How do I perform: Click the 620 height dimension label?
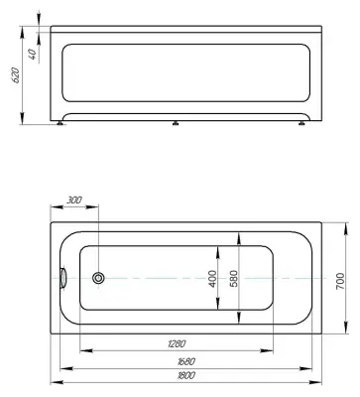(17, 75)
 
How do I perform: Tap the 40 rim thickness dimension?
(33, 54)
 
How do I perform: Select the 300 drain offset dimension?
(74, 200)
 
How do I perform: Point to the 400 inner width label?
(213, 279)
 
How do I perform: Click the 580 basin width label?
(234, 279)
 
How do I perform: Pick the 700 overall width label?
(340, 281)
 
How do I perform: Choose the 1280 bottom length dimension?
(176, 343)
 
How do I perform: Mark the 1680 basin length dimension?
(186, 361)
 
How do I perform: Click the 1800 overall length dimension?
(186, 375)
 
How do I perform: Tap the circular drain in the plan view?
(98, 278)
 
